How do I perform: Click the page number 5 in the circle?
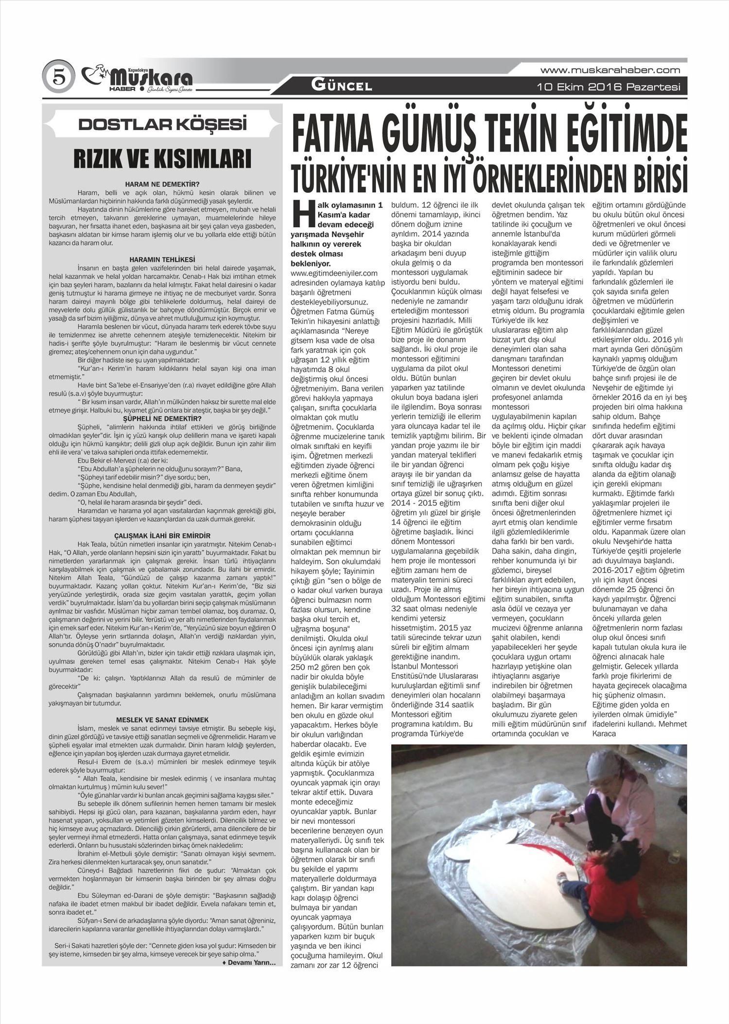pyautogui.click(x=58, y=77)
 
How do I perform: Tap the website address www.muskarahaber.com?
pyautogui.click(x=610, y=70)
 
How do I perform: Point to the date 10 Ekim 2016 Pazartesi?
pyautogui.click(x=608, y=87)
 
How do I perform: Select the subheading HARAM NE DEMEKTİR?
pyautogui.click(x=162, y=184)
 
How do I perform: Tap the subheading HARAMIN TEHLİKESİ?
pyautogui.click(x=162, y=260)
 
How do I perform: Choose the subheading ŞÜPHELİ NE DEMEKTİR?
pyautogui.click(x=162, y=418)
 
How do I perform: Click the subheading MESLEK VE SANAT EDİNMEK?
pyautogui.click(x=162, y=719)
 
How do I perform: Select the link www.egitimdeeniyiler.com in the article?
pyautogui.click(x=334, y=273)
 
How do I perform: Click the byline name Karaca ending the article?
pyautogui.click(x=604, y=734)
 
